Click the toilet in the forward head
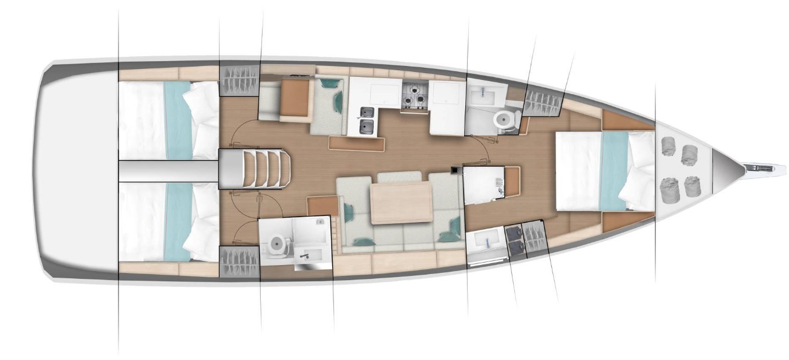click(x=503, y=120)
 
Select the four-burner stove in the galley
click(x=414, y=94)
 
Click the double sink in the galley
click(x=365, y=120)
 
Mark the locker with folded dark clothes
click(x=516, y=240)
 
